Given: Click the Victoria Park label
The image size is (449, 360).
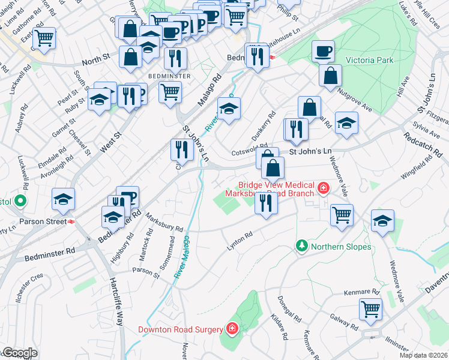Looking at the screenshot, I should [369, 61].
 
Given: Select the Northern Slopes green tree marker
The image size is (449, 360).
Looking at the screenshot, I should [301, 246].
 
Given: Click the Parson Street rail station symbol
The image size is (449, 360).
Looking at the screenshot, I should [71, 221].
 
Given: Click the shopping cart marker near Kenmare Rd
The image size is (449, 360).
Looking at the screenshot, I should [370, 310].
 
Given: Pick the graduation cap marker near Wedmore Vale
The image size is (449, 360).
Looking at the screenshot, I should [382, 220].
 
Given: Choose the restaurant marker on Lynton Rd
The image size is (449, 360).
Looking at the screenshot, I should [266, 202].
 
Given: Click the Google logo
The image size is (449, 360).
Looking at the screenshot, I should [19, 353].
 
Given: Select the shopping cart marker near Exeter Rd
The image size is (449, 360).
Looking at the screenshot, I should [44, 38].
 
